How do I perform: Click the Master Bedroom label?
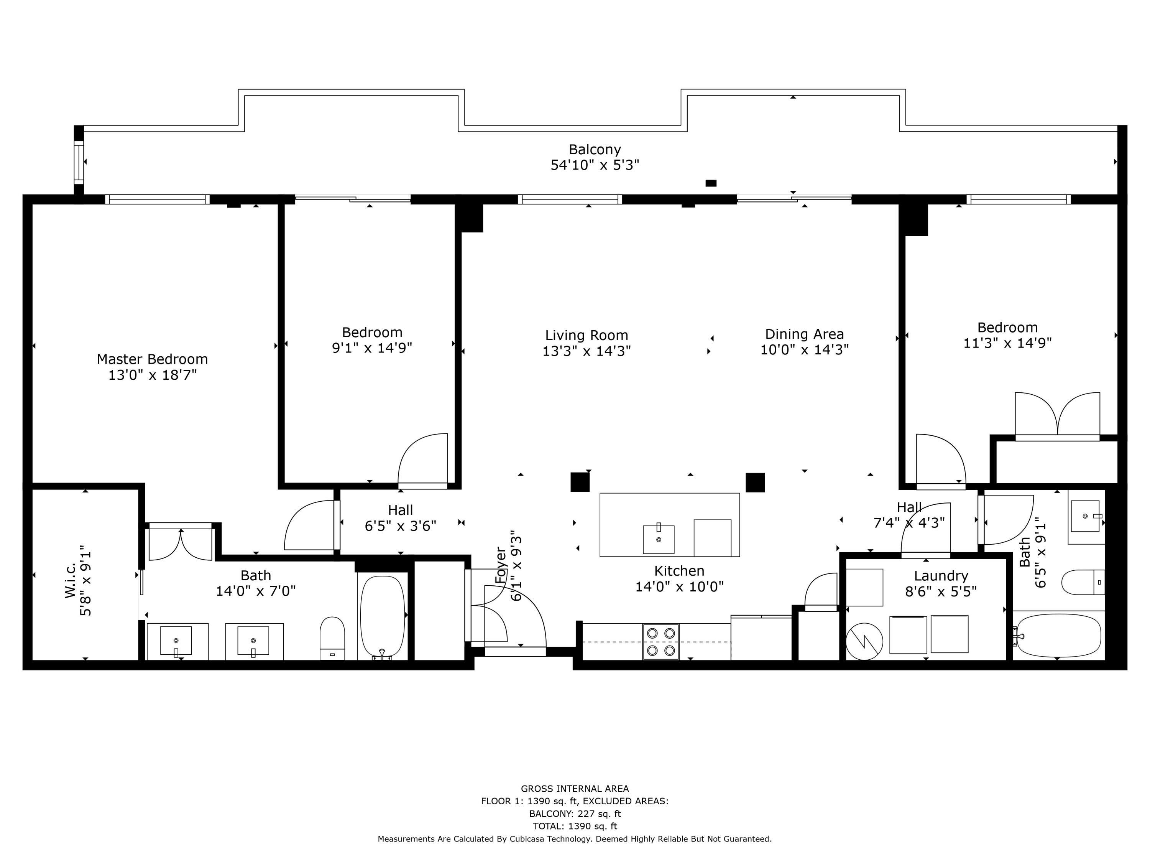tap(152, 359)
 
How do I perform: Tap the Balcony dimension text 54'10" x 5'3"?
tap(595, 165)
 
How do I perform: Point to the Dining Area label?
tap(804, 334)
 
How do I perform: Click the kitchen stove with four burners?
tap(661, 641)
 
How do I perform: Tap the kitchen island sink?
tap(658, 539)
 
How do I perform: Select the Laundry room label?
tap(941, 576)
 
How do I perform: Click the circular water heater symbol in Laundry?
tap(864, 641)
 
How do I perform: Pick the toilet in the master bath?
tap(332, 638)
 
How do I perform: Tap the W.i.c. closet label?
tap(70, 580)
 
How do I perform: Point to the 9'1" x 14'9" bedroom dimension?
tap(372, 348)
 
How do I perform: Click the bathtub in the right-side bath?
tap(1058, 636)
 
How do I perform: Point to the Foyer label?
tap(501, 565)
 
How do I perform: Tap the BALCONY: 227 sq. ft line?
tap(575, 814)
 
